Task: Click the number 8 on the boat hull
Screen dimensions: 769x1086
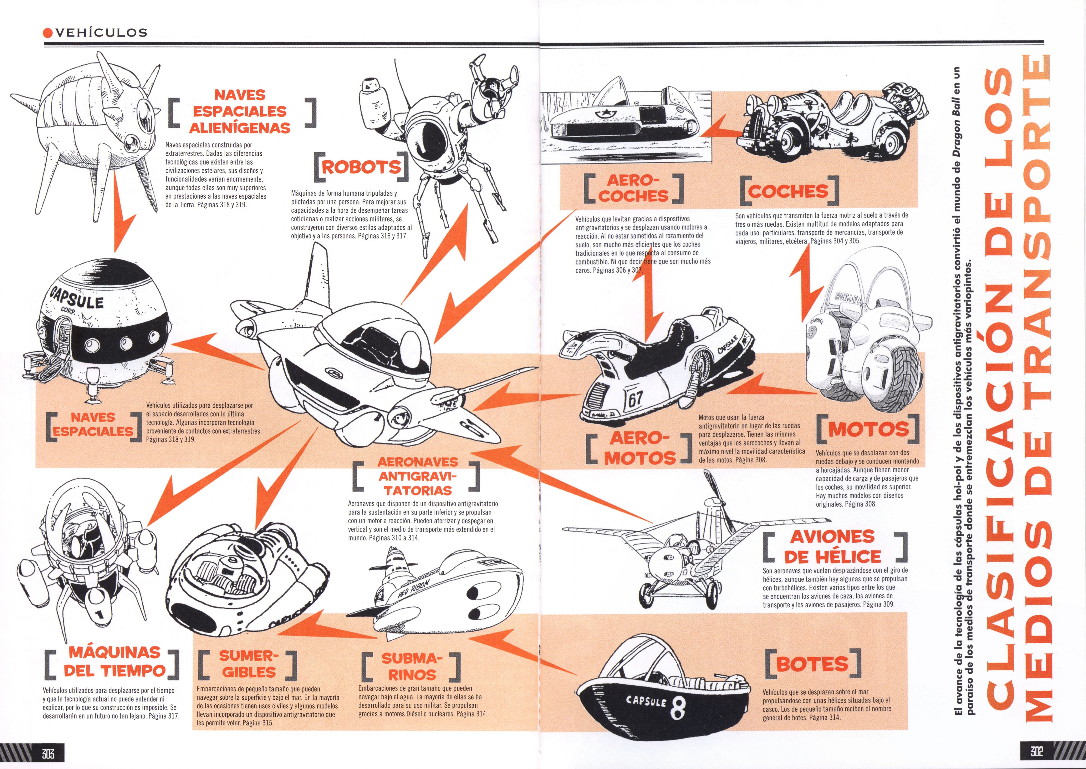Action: point(678,708)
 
